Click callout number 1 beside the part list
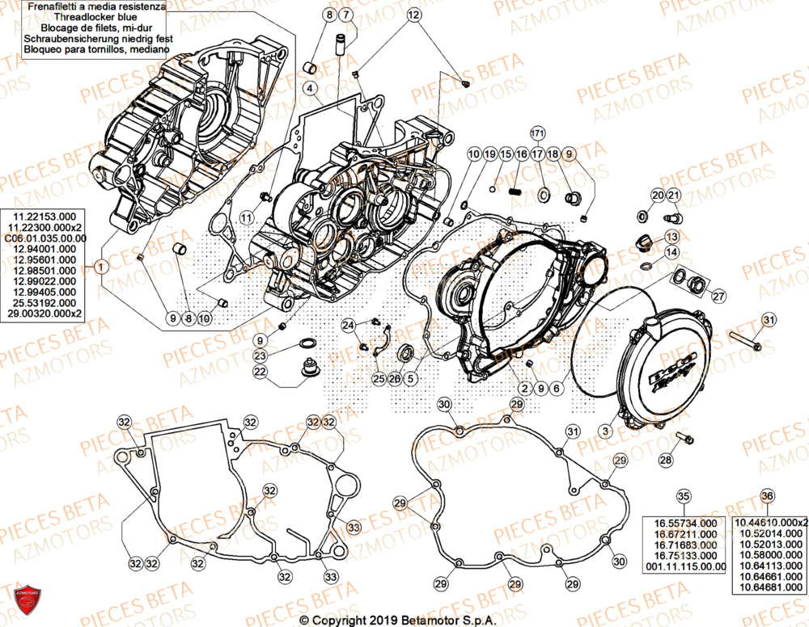(x=100, y=266)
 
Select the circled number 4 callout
(x=311, y=87)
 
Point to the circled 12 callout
(x=413, y=15)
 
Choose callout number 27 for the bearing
(x=718, y=296)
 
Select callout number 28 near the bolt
(x=665, y=461)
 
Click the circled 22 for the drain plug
(x=260, y=372)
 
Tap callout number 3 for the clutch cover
(x=605, y=431)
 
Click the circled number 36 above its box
(x=767, y=496)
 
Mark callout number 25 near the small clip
(x=378, y=378)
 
